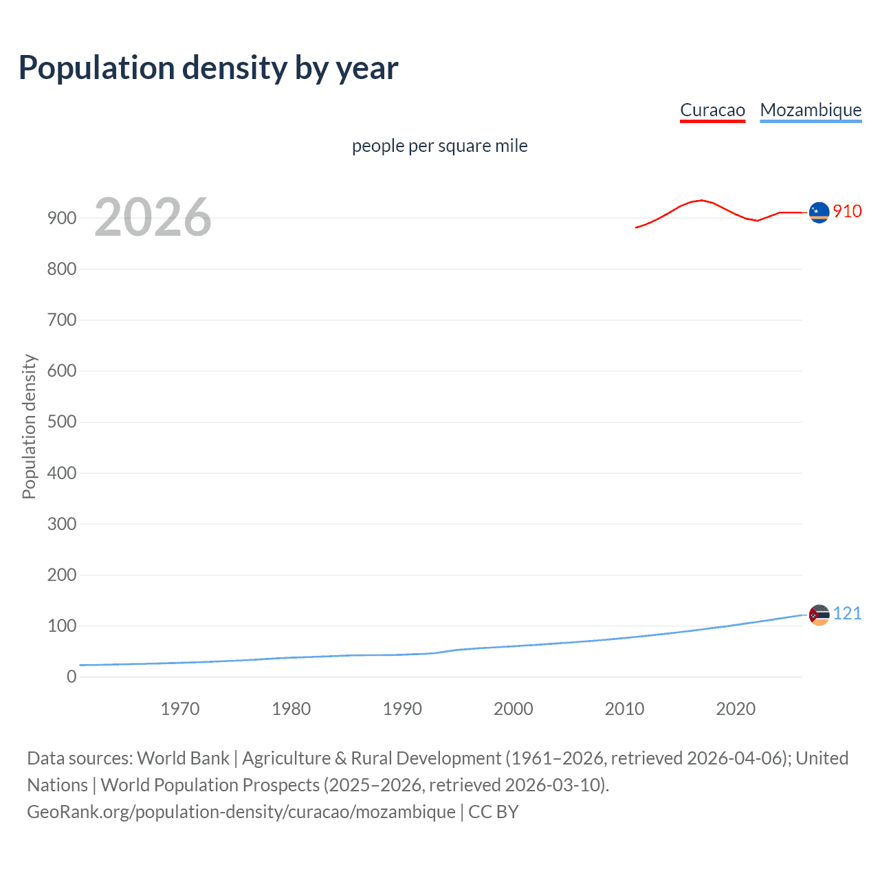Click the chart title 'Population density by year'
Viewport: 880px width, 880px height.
[x=208, y=68]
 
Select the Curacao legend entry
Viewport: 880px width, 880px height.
[x=712, y=110]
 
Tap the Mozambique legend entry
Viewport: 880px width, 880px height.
[x=811, y=110]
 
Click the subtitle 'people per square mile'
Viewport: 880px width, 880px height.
[x=439, y=146]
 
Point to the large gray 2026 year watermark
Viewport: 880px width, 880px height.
[x=153, y=217]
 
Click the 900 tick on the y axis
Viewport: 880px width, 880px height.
[x=62, y=218]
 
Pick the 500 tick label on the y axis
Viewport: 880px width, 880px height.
[x=62, y=421]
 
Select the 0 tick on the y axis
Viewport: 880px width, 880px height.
[x=71, y=676]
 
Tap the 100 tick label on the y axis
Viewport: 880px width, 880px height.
[x=62, y=626]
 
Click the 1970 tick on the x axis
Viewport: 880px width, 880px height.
[x=180, y=709]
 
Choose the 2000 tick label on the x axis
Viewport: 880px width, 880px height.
[x=514, y=709]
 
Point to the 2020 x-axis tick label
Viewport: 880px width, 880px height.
[x=736, y=709]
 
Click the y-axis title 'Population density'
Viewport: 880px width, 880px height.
[x=29, y=426]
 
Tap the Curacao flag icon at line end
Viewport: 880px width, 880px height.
[x=819, y=212]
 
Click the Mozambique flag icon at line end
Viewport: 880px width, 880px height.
[x=819, y=615]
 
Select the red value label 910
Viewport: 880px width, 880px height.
[x=847, y=211]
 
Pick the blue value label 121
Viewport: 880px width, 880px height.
[x=847, y=613]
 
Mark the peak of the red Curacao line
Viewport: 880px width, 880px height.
[x=701, y=200]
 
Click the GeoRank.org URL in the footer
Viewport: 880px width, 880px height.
[x=241, y=812]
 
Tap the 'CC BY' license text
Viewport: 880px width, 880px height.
[x=494, y=812]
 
